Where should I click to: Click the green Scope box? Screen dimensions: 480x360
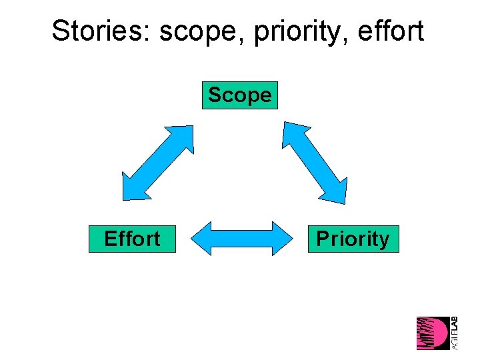point(239,95)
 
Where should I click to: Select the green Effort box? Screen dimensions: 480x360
point(132,239)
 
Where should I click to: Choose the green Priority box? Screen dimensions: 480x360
point(353,239)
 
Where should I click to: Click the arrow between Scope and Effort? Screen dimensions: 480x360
point(157,162)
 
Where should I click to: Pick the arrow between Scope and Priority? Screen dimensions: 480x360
point(315,161)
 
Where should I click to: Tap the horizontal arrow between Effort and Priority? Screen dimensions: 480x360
point(242,238)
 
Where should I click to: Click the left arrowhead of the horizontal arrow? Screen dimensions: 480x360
point(202,238)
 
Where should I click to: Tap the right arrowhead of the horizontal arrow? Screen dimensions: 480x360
point(283,238)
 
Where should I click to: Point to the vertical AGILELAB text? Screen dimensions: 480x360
point(455,333)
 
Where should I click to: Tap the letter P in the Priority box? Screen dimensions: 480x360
point(322,239)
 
